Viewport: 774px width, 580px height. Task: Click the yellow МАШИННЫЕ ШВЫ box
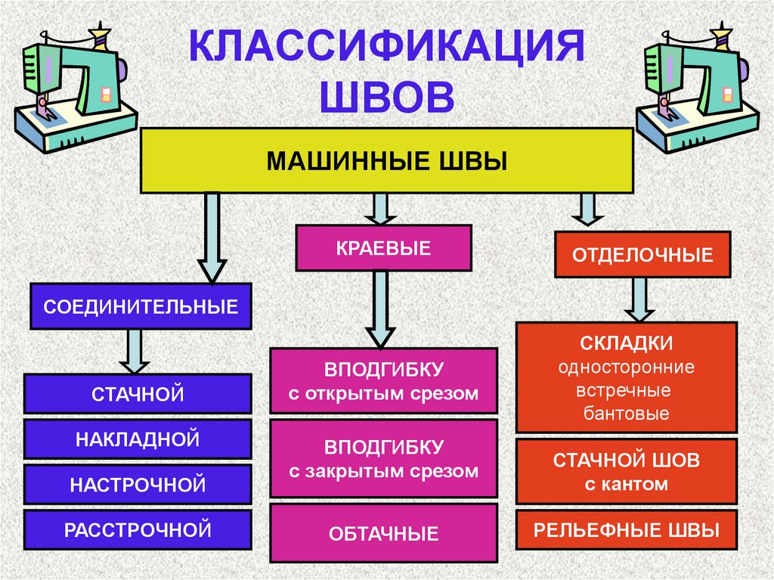pos(386,160)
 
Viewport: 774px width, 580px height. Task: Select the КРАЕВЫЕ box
pos(382,248)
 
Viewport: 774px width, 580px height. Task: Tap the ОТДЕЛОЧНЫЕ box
pos(642,255)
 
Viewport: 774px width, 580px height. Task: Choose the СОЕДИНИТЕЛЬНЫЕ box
pos(141,306)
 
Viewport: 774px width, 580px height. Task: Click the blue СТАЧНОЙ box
pos(138,393)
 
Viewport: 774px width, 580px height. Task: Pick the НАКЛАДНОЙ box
pos(138,439)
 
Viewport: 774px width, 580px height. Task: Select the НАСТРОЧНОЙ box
pos(138,484)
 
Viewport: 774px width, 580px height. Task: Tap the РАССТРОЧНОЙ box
pos(138,529)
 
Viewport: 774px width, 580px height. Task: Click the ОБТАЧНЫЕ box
pos(383,534)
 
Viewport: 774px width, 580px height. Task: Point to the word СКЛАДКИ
pos(627,344)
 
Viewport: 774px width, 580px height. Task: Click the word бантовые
pos(627,414)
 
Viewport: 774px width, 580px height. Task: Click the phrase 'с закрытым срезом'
pos(383,471)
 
